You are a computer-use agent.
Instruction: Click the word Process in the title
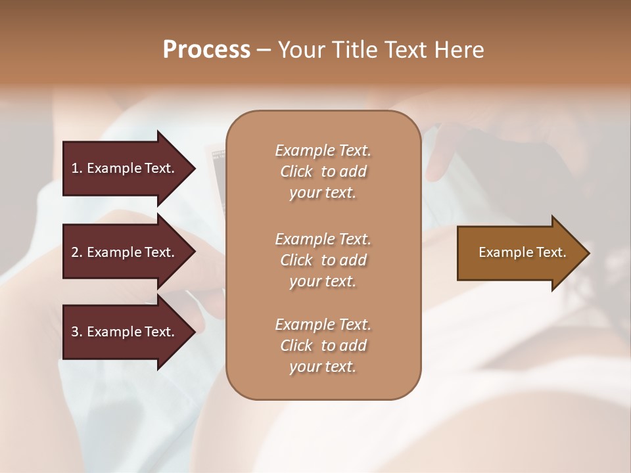206,50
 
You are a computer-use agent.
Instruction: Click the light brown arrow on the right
522,253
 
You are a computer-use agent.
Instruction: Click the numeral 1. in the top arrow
76,168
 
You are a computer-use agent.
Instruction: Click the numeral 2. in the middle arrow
76,252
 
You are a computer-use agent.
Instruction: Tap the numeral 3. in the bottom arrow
76,332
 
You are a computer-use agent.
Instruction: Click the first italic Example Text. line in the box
323,150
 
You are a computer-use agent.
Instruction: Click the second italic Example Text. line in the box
323,239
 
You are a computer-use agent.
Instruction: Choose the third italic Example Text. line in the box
323,325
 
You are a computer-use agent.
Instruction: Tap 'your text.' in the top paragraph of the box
323,193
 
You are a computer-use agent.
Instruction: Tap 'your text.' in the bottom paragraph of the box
323,367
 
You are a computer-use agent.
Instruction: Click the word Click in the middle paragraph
296,260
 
